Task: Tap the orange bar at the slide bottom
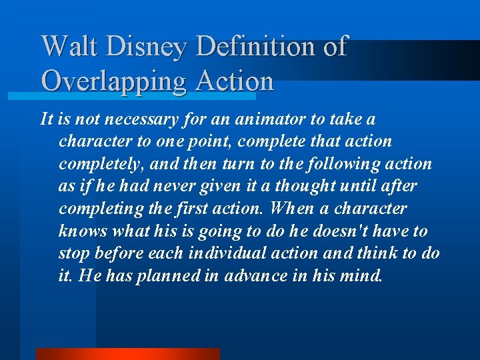pyautogui.click(x=127, y=353)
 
